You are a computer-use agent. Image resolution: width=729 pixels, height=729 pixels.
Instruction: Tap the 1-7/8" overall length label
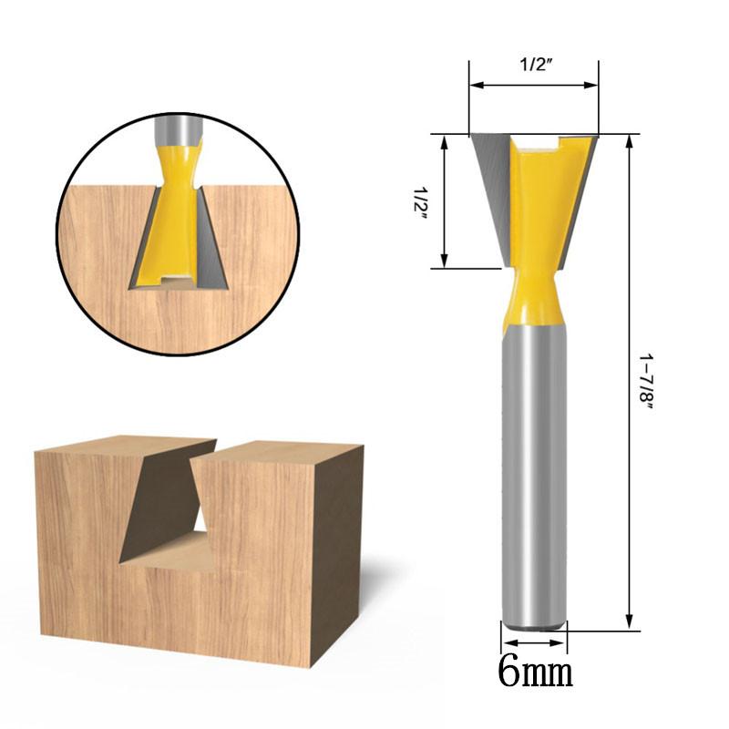click(646, 383)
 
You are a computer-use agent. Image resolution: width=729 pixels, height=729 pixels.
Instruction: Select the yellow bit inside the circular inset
click(177, 219)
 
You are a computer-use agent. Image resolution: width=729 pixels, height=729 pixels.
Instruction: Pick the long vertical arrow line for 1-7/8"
click(629, 383)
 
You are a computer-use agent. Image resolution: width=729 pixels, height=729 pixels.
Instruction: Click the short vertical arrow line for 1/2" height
click(445, 201)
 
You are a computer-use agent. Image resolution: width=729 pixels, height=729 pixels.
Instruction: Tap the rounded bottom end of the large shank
click(534, 623)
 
